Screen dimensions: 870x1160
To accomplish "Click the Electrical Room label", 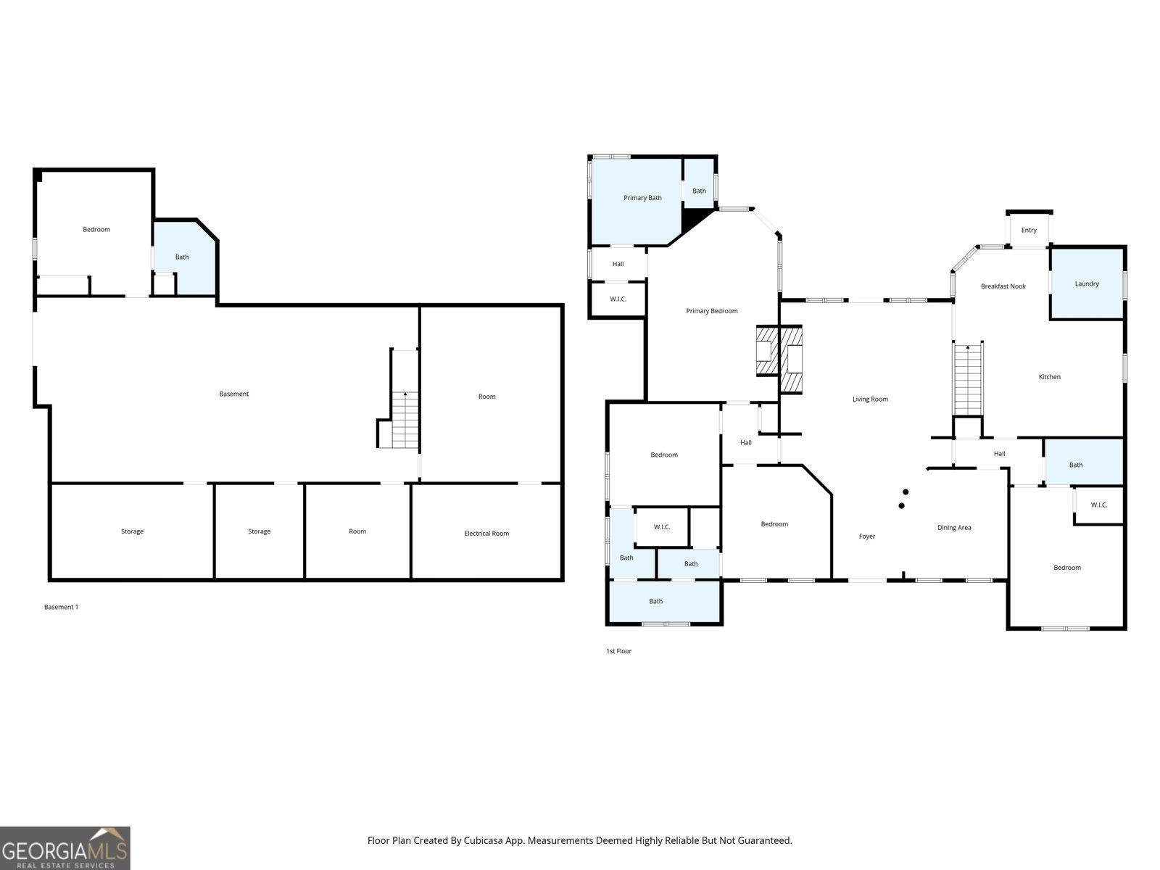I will [486, 534].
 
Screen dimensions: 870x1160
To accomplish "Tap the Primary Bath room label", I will [642, 198].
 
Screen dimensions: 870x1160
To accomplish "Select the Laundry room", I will [1087, 283].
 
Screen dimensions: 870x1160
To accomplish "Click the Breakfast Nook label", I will [1003, 286].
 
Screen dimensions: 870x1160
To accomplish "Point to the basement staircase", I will [405, 420].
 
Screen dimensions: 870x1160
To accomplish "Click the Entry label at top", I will [1029, 231].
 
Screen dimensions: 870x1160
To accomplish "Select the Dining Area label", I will [953, 528].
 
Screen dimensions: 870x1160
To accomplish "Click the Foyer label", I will [866, 536].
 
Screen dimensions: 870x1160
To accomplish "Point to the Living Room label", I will [870, 399].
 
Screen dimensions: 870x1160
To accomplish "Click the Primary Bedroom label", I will [711, 311].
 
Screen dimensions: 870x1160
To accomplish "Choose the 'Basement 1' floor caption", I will [61, 607].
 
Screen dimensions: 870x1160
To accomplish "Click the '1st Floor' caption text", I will [618, 651].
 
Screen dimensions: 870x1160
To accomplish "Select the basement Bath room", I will [183, 257].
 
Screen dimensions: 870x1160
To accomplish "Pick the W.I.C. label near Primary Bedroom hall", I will [618, 299].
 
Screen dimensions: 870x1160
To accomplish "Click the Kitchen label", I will [1049, 377].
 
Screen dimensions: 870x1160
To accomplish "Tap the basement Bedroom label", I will [96, 230].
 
